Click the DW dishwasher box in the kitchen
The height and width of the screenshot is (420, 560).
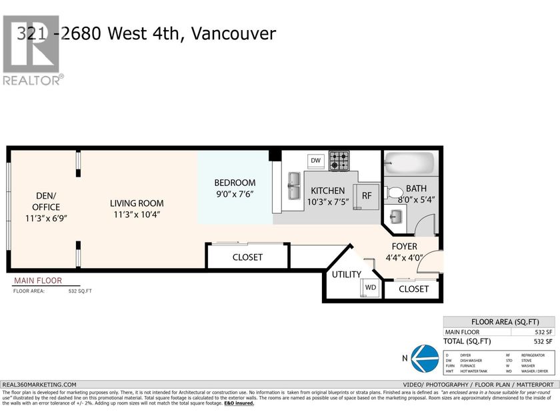click(x=316, y=161)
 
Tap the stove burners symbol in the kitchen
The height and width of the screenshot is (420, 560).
click(x=340, y=160)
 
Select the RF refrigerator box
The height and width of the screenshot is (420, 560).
click(x=366, y=196)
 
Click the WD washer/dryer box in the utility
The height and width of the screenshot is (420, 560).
click(x=370, y=288)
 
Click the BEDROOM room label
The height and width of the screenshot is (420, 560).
click(x=235, y=183)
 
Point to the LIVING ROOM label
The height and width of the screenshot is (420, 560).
click(x=137, y=203)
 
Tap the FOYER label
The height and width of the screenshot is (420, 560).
click(x=404, y=246)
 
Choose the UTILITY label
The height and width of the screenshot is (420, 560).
click(x=347, y=274)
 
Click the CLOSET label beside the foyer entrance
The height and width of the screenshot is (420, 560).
click(x=414, y=289)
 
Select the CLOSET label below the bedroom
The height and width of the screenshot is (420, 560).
click(x=247, y=257)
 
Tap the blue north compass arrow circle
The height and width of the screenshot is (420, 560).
click(x=423, y=357)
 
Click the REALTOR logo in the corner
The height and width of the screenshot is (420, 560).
click(x=32, y=50)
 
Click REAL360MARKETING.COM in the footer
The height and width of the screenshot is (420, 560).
click(x=40, y=385)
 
